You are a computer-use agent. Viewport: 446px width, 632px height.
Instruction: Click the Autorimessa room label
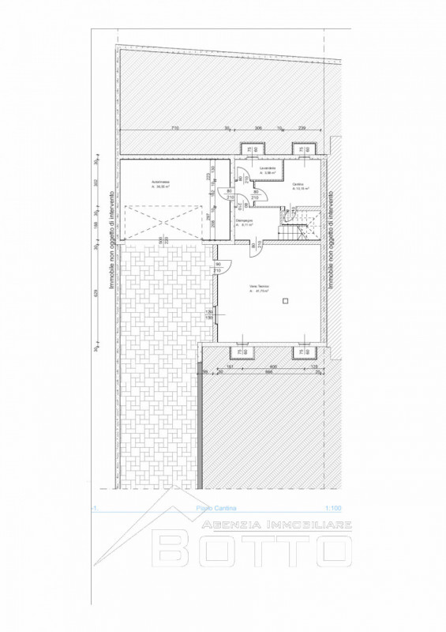click(x=163, y=184)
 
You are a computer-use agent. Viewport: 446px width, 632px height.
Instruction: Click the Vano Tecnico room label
click(x=258, y=288)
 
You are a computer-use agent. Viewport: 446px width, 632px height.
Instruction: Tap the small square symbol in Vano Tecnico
click(x=288, y=299)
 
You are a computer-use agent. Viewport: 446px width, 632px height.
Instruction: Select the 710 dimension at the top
click(x=174, y=127)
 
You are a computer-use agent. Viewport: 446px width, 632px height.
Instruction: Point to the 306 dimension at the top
click(x=257, y=127)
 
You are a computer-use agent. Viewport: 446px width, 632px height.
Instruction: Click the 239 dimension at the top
click(x=301, y=127)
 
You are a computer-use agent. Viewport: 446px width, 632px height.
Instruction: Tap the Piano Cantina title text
click(x=216, y=510)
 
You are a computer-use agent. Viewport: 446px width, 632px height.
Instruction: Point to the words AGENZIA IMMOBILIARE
click(x=276, y=525)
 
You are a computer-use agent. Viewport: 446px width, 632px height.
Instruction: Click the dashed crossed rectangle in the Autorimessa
click(x=163, y=223)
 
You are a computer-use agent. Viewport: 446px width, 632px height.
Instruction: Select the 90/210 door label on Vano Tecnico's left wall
click(x=219, y=267)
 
